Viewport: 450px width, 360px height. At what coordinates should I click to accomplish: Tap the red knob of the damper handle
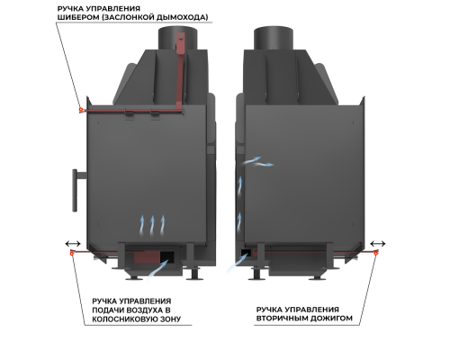click(x=81, y=110)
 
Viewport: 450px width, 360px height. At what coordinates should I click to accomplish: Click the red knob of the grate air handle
click(x=72, y=254)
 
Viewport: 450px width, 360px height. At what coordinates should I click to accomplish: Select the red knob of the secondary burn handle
click(x=376, y=254)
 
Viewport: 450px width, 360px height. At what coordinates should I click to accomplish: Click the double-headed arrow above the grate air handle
click(x=73, y=244)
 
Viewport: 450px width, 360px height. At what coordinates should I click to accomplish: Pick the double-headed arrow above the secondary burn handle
click(x=378, y=244)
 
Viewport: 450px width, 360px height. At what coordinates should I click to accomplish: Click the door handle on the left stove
click(x=75, y=190)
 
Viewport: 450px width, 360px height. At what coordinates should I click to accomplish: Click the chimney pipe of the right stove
click(x=273, y=39)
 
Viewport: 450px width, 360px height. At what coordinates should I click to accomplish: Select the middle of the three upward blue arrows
click(x=152, y=225)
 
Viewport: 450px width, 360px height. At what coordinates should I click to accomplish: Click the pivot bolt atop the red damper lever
click(x=181, y=38)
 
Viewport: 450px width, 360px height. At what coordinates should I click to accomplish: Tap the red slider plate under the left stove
click(x=147, y=257)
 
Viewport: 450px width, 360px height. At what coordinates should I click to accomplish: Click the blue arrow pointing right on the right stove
click(x=265, y=165)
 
